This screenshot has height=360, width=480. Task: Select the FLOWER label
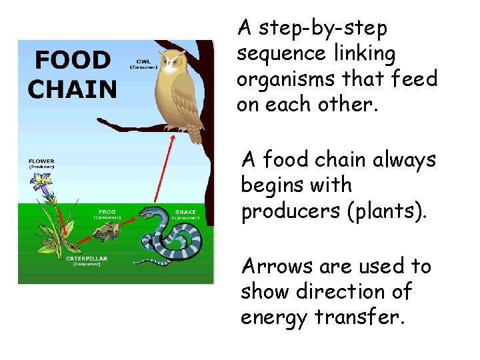[41, 161]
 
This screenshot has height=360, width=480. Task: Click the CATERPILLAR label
[87, 259]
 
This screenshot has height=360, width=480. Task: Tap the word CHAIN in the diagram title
[73, 88]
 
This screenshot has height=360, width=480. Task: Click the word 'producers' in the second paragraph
[291, 211]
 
